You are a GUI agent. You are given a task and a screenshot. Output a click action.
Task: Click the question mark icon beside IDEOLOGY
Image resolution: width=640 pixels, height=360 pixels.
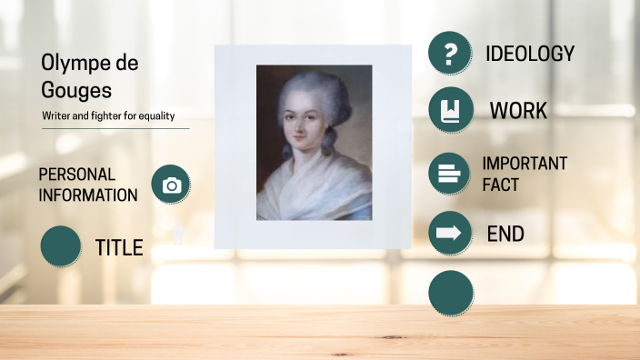point(450,54)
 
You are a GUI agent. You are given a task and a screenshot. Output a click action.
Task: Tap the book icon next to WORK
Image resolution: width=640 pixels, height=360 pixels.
point(450,111)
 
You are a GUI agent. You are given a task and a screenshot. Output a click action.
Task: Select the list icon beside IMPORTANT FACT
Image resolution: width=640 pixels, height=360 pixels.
point(450,173)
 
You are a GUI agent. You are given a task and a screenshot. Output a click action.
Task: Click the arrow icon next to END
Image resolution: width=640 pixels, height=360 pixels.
point(450,234)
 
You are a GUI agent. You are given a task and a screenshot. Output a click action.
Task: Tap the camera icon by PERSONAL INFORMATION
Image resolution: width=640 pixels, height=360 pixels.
point(171,185)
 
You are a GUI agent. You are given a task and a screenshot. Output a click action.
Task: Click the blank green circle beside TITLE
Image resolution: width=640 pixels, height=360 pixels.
point(62,246)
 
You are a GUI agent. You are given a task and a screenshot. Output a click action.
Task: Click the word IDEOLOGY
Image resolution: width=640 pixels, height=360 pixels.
point(530,54)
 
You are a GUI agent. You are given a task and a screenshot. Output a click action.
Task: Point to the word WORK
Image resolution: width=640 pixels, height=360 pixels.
point(518,111)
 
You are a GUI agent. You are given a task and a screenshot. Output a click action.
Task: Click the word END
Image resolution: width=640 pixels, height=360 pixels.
point(505,234)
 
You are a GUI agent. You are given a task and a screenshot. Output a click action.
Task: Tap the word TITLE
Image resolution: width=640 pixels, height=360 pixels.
point(119,247)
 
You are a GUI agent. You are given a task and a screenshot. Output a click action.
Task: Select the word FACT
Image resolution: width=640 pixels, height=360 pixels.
point(501,185)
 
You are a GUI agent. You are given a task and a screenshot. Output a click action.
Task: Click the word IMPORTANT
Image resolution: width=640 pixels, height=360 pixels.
point(525,164)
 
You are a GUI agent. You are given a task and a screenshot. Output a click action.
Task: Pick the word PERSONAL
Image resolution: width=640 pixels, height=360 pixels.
point(77,174)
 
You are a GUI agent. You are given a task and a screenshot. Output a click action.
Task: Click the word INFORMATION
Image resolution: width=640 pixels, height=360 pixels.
point(88,195)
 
